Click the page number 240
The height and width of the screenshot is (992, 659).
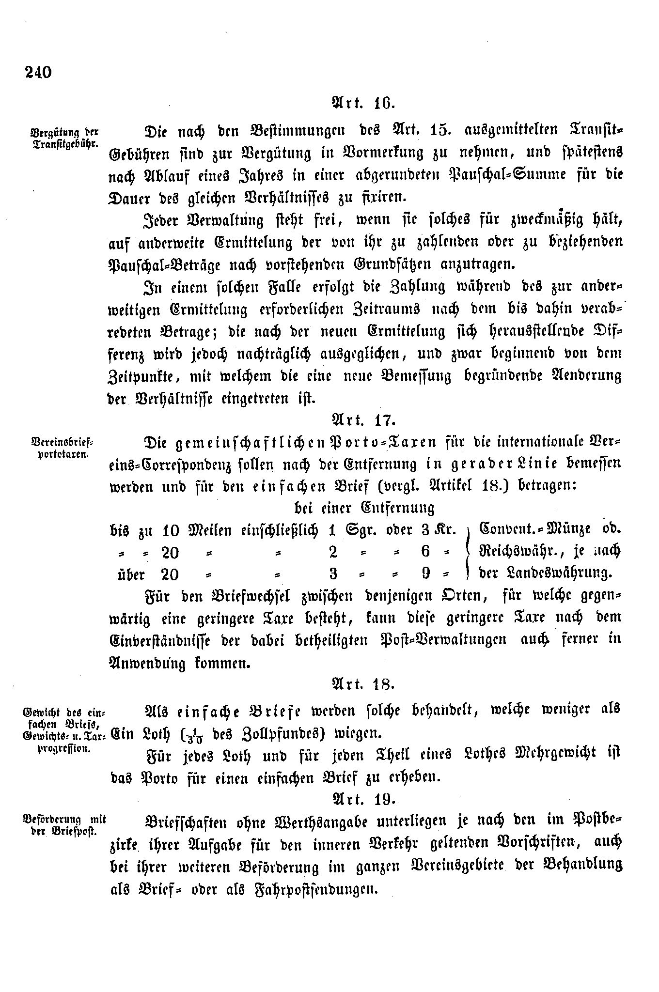36,72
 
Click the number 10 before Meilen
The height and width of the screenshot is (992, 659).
171,531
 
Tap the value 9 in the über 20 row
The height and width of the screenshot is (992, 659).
426,574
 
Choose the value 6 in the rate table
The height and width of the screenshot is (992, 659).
425,552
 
